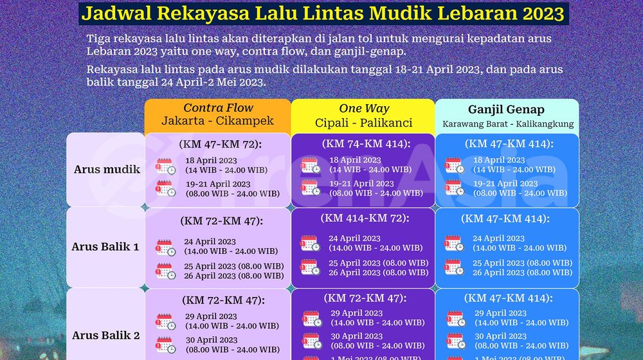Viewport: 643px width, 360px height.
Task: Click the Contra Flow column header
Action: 218,108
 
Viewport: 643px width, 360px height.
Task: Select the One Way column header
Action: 364,109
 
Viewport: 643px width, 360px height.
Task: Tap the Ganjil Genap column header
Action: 507,109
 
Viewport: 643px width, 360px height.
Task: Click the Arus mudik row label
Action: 107,170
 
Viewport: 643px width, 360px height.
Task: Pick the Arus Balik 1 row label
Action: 105,246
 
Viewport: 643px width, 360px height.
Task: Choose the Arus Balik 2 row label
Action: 105,335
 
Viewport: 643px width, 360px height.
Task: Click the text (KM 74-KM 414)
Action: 364,143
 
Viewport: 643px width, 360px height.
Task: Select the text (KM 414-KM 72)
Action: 364,218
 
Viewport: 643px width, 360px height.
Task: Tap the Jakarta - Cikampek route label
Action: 218,121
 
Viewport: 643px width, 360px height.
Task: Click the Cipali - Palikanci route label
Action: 364,122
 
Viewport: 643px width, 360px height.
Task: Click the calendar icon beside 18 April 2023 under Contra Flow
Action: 166,165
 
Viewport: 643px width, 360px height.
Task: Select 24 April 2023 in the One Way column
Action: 354,239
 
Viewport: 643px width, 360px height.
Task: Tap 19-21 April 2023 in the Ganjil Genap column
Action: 506,183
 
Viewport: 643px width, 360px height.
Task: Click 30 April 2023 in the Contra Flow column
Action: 212,340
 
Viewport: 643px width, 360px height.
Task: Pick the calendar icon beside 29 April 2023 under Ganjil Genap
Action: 455,318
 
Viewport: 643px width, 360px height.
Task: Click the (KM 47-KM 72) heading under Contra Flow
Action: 218,143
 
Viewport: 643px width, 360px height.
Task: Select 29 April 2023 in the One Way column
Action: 357,313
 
